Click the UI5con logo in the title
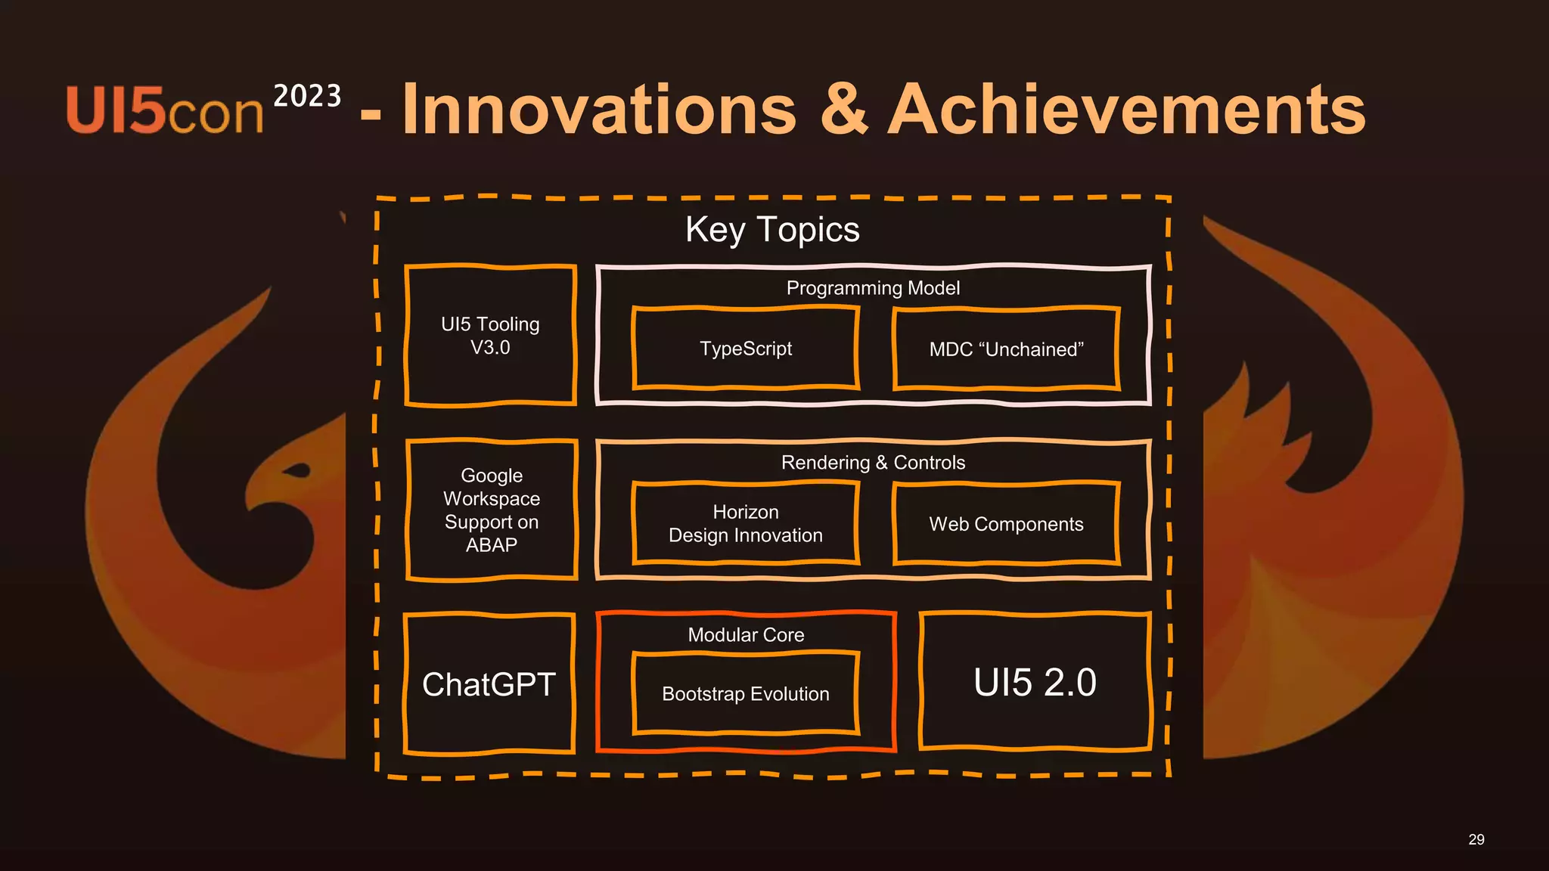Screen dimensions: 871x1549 pos(164,111)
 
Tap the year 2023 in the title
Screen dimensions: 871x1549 pos(307,97)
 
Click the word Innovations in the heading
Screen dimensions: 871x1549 pos(600,110)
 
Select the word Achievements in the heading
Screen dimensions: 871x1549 pos(1127,110)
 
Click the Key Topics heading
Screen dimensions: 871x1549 pos(772,229)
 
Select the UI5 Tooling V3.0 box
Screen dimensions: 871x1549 pos(490,336)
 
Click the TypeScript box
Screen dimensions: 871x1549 pos(746,349)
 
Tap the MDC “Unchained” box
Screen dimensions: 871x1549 pos(1006,349)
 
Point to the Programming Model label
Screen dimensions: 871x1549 pos(873,288)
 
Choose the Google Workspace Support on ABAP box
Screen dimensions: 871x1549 pos(492,510)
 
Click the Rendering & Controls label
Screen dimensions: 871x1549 pos(873,463)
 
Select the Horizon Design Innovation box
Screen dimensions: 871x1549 pos(746,523)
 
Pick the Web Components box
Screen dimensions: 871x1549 pos(1006,524)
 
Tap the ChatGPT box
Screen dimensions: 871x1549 pos(489,684)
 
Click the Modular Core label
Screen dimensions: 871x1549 pos(746,635)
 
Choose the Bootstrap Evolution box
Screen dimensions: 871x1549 pos(746,693)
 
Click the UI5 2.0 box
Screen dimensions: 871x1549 pos(1035,682)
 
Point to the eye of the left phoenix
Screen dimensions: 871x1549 pos(298,471)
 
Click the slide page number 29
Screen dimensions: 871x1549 pos(1476,839)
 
